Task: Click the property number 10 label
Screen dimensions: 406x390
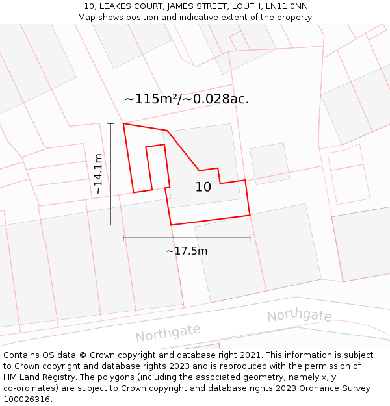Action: [x=203, y=187]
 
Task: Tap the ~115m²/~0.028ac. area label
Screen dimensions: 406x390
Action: [x=187, y=99]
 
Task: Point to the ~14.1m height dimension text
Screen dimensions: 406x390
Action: [x=97, y=174]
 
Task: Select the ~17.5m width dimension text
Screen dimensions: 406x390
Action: [x=187, y=251]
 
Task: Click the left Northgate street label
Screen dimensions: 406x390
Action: [x=168, y=333]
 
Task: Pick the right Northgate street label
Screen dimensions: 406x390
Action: [x=299, y=316]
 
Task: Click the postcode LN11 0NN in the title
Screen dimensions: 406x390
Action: [x=287, y=6]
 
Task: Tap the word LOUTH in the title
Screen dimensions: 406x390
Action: [x=246, y=6]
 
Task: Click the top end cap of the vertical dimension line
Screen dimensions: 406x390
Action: [x=110, y=123]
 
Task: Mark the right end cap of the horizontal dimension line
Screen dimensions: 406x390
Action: [x=250, y=238]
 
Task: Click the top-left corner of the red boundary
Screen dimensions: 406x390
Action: [x=123, y=123]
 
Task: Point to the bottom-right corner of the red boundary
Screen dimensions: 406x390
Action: [x=250, y=214]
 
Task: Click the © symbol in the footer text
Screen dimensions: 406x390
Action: [x=83, y=355]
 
